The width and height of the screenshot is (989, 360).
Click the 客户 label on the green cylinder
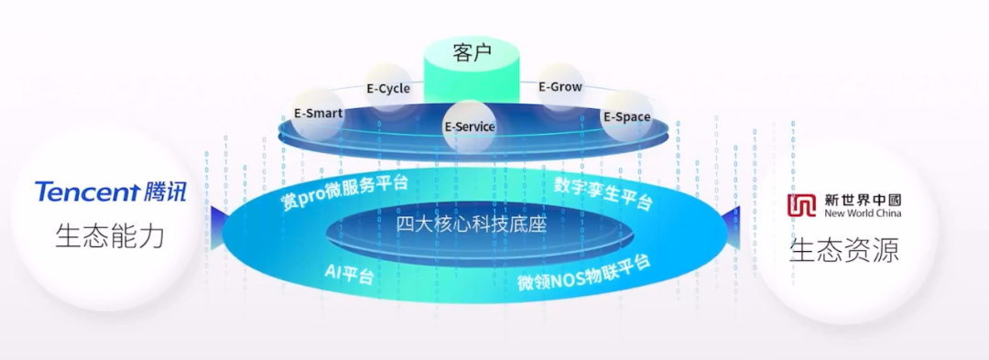point(472,53)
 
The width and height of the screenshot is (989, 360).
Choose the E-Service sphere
point(469,126)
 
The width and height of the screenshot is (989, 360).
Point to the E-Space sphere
point(626,116)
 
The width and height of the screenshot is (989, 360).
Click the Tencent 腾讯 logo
point(110,192)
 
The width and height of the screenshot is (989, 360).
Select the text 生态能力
point(110,236)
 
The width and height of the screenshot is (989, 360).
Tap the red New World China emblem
point(803,205)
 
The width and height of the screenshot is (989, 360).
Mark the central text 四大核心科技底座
point(471,224)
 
